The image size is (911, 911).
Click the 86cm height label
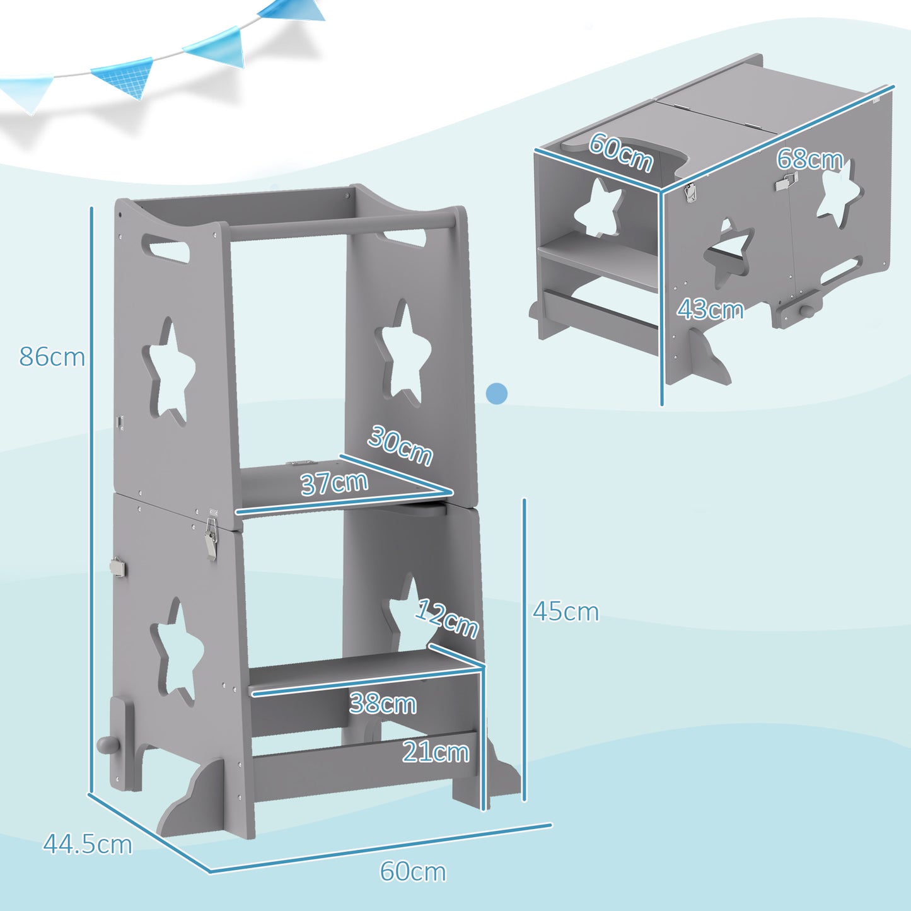click(x=52, y=357)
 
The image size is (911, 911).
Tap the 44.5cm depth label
click(x=88, y=844)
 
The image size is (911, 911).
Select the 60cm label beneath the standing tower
click(x=413, y=871)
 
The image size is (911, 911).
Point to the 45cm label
click(x=566, y=612)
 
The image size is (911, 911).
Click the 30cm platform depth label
click(x=400, y=445)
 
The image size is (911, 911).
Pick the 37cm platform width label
click(x=334, y=484)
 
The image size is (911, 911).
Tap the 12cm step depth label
click(x=448, y=618)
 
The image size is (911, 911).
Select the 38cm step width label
click(x=383, y=704)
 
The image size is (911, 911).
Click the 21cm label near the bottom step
click(x=436, y=752)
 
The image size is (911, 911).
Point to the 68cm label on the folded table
click(x=809, y=159)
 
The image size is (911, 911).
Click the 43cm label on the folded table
click(x=710, y=310)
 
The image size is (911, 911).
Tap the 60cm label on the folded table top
click(x=621, y=152)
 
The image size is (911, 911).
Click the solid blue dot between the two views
click(x=497, y=393)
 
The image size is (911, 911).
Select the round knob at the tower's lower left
click(x=105, y=745)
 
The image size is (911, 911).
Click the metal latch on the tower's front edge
click(x=211, y=539)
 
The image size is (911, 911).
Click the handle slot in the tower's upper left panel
click(x=166, y=247)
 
